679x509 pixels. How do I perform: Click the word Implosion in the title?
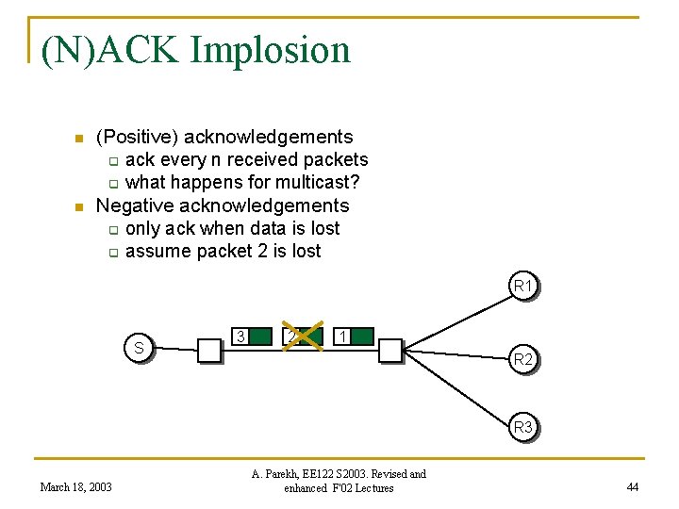pyautogui.click(x=271, y=49)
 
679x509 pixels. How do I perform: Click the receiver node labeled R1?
pyautogui.click(x=523, y=285)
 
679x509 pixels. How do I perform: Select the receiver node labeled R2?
pyautogui.click(x=523, y=360)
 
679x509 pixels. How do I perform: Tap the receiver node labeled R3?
pyautogui.click(x=523, y=428)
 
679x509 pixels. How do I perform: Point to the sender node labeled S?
pyautogui.click(x=139, y=349)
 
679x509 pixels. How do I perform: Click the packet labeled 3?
pyautogui.click(x=252, y=337)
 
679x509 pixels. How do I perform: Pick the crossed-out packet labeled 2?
pyautogui.click(x=302, y=337)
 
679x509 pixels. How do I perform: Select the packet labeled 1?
pyautogui.click(x=355, y=337)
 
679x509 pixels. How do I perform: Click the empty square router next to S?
pyautogui.click(x=208, y=352)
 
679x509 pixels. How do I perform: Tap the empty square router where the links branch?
pyautogui.click(x=389, y=352)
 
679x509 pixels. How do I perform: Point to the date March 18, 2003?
pyautogui.click(x=75, y=487)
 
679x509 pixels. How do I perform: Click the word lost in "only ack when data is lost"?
pyautogui.click(x=323, y=228)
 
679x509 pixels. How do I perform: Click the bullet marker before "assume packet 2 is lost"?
pyautogui.click(x=111, y=252)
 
